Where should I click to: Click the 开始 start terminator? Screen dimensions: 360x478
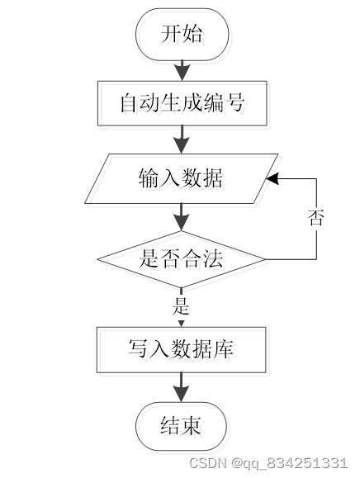click(182, 35)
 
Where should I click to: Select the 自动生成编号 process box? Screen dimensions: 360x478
click(182, 103)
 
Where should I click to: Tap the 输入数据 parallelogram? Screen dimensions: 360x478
click(181, 178)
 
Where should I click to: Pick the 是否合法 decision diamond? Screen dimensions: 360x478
click(181, 259)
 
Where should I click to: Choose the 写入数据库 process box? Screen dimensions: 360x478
click(182, 350)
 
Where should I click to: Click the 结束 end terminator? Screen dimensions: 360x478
click(181, 426)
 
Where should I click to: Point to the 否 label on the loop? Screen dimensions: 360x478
click(315, 218)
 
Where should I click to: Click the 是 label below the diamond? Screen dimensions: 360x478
click(181, 305)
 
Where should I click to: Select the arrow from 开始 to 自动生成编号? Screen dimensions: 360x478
click(182, 71)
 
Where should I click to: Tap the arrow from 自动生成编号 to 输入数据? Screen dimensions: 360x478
click(182, 140)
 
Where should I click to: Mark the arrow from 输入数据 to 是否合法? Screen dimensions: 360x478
click(182, 217)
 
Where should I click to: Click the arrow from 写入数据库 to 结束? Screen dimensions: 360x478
click(182, 387)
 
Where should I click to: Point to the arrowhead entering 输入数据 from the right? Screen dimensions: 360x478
click(272, 178)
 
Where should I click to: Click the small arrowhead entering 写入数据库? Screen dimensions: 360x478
click(181, 323)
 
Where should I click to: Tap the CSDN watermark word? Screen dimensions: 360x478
click(207, 463)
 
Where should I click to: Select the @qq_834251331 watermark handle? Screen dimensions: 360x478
click(289, 463)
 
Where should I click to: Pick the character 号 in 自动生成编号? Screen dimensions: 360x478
click(234, 102)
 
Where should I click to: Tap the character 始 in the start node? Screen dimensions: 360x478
click(192, 33)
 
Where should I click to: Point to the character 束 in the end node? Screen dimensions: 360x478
click(191, 425)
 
